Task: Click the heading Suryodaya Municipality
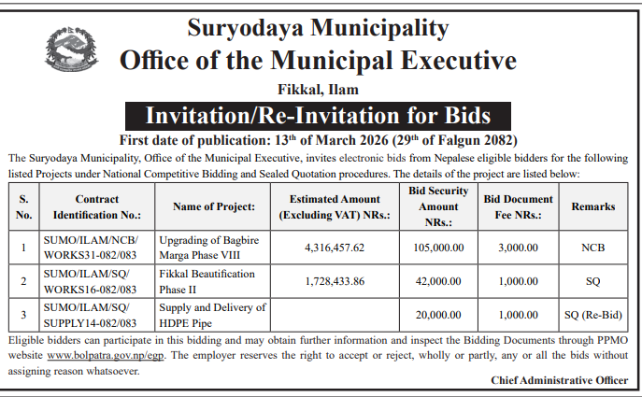click(x=319, y=22)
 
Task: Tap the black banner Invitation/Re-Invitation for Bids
click(x=319, y=117)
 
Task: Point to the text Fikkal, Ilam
click(x=318, y=90)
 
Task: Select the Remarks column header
click(x=593, y=206)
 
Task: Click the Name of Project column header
click(x=214, y=206)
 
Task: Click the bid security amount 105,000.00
click(x=439, y=248)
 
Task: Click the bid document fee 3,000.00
click(x=519, y=248)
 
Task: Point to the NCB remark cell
click(x=593, y=248)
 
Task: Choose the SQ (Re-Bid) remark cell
click(x=593, y=314)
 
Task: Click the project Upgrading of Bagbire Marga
click(x=213, y=248)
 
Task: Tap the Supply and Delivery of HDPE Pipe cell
click(x=213, y=314)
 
